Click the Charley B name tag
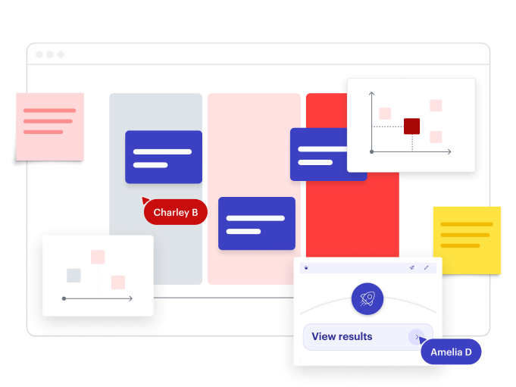[x=175, y=212]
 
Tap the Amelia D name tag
[x=451, y=352]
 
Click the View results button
[x=367, y=337]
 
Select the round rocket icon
[x=367, y=298]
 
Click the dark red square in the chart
[x=411, y=126]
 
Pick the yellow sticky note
[x=467, y=240]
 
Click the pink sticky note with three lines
[x=50, y=127]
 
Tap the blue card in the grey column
[x=164, y=157]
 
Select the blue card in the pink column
[x=257, y=223]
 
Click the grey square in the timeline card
[x=73, y=276]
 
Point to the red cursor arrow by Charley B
[x=145, y=200]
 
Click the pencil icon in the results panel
[x=426, y=267]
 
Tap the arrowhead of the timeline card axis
[x=131, y=298]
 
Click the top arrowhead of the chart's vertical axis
[x=371, y=94]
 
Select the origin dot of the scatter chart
[x=371, y=152]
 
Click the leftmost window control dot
[x=39, y=55]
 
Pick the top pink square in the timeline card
[x=98, y=257]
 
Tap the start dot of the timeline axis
[x=64, y=298]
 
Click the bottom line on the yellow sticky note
[x=460, y=245]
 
